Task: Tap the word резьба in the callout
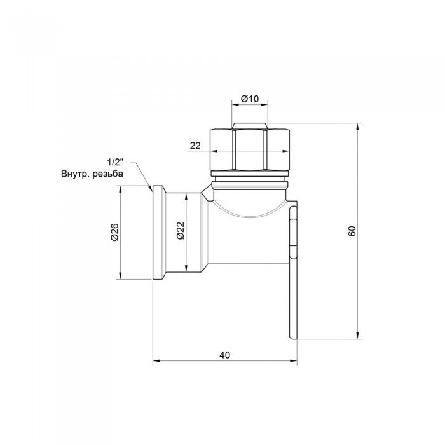(109, 174)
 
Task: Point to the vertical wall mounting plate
(293, 273)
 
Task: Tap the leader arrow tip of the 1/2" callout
(151, 189)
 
